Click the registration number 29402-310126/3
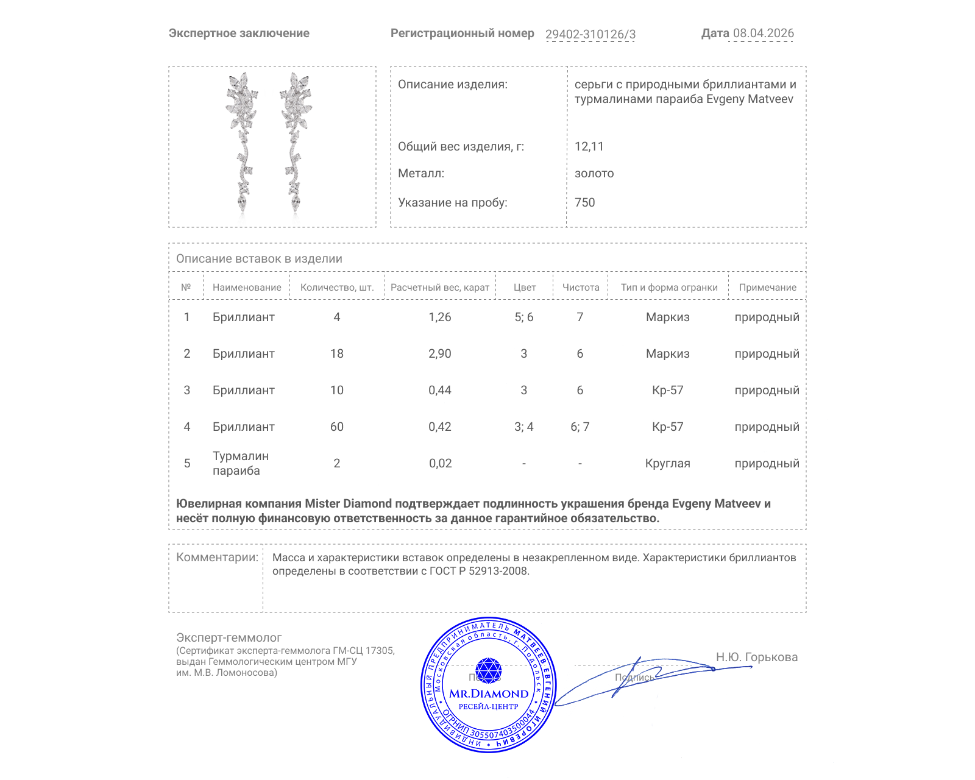(x=590, y=34)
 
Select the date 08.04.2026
(x=763, y=34)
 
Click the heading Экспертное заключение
(x=239, y=34)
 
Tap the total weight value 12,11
(x=589, y=146)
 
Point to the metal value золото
(x=594, y=173)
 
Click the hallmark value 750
(x=584, y=202)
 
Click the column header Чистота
(x=580, y=288)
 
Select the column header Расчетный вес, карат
(x=440, y=288)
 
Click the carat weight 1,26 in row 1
(x=440, y=317)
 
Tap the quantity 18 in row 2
(x=337, y=353)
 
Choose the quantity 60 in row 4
(x=337, y=427)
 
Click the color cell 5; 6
(x=523, y=317)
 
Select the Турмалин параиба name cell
(x=240, y=463)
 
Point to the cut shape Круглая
(x=667, y=463)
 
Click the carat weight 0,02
(x=440, y=463)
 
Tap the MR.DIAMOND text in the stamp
(x=489, y=693)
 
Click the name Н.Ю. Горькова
(x=756, y=657)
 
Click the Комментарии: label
(x=217, y=557)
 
